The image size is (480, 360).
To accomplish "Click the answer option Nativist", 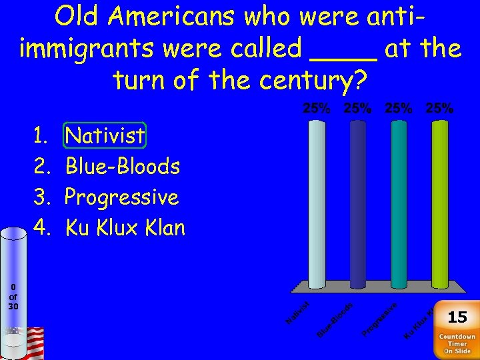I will (105, 136).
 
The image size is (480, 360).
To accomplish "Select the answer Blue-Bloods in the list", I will (123, 166).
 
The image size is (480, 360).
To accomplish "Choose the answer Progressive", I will (122, 197).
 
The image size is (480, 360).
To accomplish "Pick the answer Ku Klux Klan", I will (125, 228).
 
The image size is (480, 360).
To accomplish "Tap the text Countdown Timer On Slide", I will (457, 343).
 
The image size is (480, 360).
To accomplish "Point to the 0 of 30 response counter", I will (13, 297).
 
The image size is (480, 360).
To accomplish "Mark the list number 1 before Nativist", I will (40, 136).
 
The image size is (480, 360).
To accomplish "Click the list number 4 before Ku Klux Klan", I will (41, 228).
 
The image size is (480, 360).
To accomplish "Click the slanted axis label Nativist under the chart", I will (301, 313).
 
